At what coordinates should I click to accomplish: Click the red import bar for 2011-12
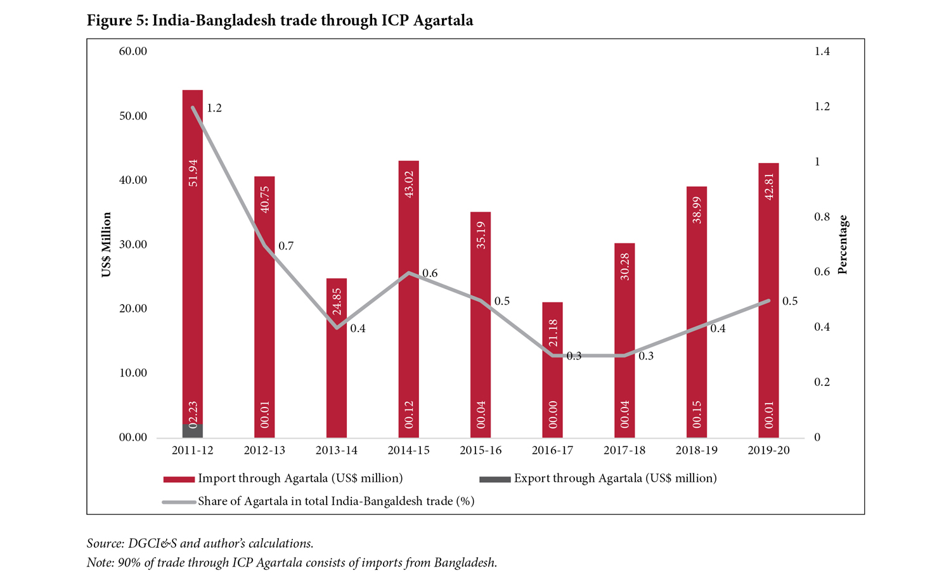[x=193, y=254]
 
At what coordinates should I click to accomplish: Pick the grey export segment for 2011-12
[x=193, y=431]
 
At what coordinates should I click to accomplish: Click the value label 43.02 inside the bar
[x=409, y=184]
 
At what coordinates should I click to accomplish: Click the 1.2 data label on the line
[x=214, y=108]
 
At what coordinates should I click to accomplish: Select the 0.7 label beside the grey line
[x=286, y=246]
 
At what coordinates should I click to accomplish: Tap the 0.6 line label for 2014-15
[x=430, y=274]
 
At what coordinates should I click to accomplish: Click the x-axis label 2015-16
[x=481, y=451]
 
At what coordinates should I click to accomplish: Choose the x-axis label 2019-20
[x=768, y=451]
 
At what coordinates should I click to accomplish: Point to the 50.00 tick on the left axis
[x=133, y=116]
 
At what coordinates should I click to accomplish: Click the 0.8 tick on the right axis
[x=822, y=217]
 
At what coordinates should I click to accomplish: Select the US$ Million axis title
[x=107, y=245]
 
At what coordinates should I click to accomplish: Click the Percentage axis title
[x=843, y=245]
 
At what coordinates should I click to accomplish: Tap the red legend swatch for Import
[x=178, y=479]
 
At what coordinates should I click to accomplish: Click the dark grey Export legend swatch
[x=495, y=479]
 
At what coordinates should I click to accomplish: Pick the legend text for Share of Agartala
[x=336, y=501]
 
